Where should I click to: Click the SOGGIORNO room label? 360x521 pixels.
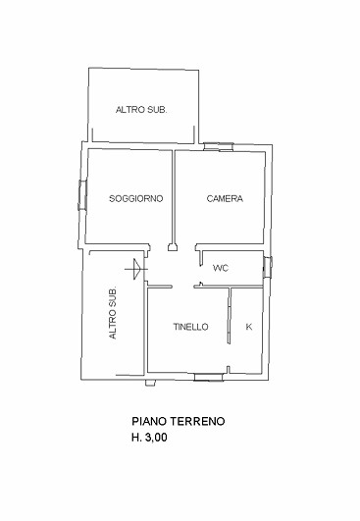(135, 199)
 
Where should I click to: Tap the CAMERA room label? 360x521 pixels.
(224, 199)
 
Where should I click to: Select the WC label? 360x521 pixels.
(221, 267)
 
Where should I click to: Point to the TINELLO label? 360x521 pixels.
(190, 327)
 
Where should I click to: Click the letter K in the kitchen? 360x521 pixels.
(248, 327)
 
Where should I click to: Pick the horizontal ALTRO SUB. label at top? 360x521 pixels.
(141, 110)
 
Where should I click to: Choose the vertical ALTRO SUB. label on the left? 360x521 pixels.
(114, 314)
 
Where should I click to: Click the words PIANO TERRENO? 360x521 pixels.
(179, 421)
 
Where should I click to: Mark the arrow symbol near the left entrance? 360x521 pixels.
(132, 266)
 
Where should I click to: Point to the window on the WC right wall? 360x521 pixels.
(268, 264)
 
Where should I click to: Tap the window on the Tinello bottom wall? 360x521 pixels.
(210, 375)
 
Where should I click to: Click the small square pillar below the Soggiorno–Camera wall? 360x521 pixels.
(173, 248)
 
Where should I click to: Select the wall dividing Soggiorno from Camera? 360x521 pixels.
(174, 196)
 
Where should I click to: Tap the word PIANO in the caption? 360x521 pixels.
(148, 421)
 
